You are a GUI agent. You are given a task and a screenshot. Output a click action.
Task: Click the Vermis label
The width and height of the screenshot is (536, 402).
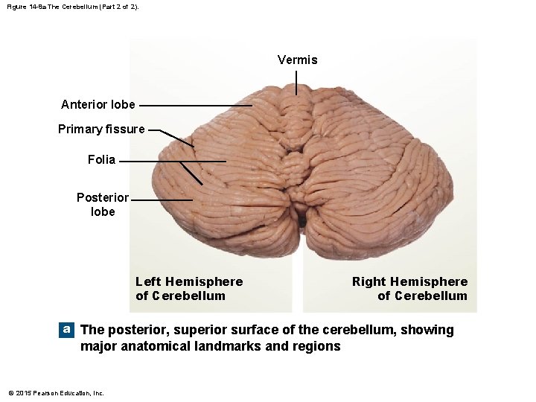297,60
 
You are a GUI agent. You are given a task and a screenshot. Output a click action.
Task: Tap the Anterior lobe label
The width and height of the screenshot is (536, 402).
98,104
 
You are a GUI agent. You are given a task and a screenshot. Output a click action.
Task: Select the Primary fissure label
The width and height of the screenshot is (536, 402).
101,129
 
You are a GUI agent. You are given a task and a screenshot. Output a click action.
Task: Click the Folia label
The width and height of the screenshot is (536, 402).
101,159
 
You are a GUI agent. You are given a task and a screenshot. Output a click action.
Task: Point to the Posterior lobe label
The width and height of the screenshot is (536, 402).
103,204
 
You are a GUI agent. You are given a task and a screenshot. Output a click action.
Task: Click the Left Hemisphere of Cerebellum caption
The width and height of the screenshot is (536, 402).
189,288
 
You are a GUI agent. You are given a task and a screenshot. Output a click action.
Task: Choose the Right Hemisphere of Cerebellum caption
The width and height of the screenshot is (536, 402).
409,288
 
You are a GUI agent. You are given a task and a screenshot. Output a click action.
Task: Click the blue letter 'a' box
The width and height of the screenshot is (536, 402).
67,329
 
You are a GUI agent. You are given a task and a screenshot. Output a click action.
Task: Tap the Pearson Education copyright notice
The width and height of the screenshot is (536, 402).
56,392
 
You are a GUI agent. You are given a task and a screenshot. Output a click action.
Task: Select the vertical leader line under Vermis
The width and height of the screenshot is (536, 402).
297,82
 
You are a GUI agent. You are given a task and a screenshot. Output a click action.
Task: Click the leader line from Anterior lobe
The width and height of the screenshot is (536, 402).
195,105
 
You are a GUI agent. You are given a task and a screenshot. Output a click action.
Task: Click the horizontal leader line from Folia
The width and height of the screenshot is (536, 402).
171,161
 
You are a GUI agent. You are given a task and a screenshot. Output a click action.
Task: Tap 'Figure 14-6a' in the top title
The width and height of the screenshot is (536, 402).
24,6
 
